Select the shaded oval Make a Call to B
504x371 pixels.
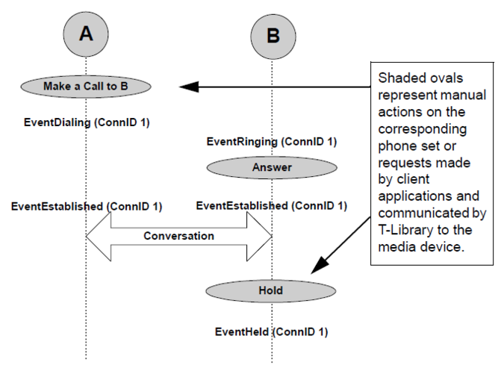85,87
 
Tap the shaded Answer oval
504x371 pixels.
272,168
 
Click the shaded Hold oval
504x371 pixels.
271,290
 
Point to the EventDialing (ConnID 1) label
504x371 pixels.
87,122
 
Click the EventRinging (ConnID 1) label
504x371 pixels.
272,141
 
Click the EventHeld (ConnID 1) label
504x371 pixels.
271,331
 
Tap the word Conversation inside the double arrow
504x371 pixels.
179,236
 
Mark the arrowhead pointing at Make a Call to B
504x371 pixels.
188,87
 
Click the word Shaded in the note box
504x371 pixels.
400,78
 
